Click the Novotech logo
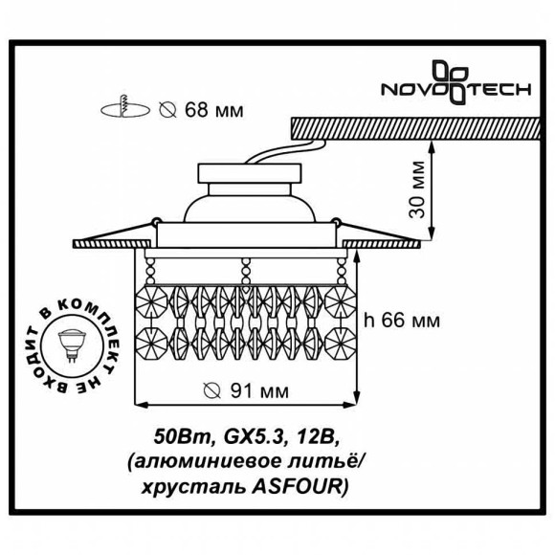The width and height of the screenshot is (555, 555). click(x=455, y=83)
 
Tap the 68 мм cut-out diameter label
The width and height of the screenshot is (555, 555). click(x=201, y=110)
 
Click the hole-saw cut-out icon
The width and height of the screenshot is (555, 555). click(x=124, y=107)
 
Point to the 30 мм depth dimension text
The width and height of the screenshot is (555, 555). click(x=416, y=189)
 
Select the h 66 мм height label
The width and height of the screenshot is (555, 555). click(x=402, y=321)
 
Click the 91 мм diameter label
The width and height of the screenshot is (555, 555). click(x=247, y=390)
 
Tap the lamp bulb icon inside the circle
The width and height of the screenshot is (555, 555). click(x=72, y=344)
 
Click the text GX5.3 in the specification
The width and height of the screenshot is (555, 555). click(x=255, y=438)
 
